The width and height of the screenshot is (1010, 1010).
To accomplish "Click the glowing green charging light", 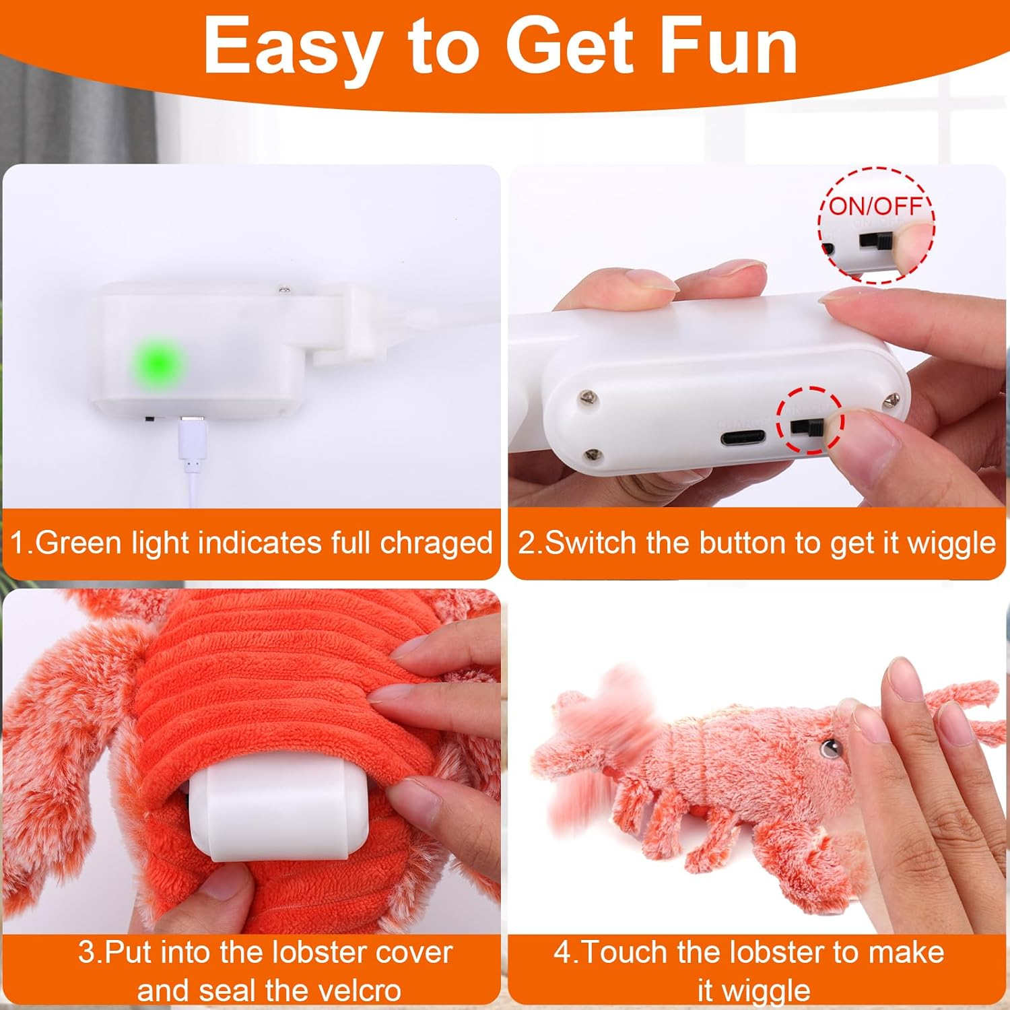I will pyautogui.click(x=156, y=363).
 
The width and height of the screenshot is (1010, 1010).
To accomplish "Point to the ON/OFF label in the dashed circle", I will pyautogui.click(x=876, y=205).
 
